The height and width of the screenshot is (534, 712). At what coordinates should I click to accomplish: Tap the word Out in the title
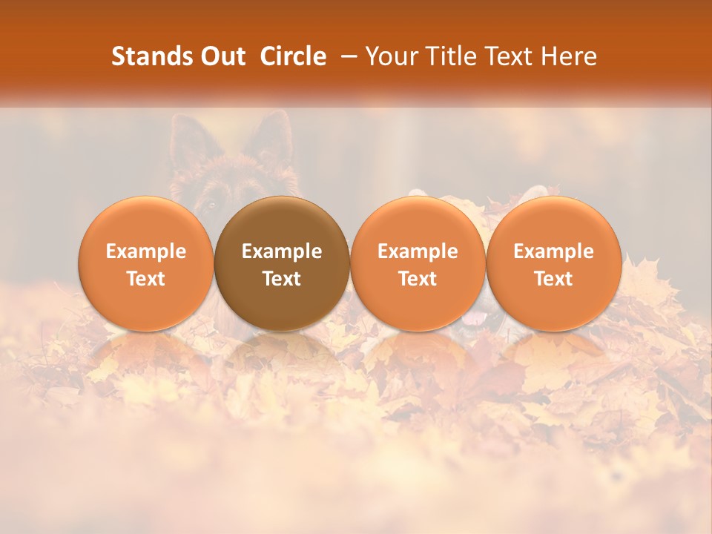pyautogui.click(x=220, y=56)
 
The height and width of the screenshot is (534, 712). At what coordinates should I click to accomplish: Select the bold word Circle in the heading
pyautogui.click(x=293, y=56)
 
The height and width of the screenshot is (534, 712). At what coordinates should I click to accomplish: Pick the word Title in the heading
pyautogui.click(x=450, y=56)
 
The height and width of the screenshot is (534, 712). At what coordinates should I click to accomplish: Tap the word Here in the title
pyautogui.click(x=570, y=56)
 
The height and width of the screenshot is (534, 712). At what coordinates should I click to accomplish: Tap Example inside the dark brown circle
pyautogui.click(x=282, y=251)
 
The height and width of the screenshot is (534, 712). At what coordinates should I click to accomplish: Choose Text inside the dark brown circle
pyautogui.click(x=282, y=279)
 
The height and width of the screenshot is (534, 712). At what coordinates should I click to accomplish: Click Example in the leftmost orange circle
pyautogui.click(x=146, y=251)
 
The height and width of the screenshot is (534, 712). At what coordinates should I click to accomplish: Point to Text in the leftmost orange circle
pyautogui.click(x=146, y=279)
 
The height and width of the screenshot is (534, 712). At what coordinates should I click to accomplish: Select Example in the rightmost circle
pyautogui.click(x=554, y=251)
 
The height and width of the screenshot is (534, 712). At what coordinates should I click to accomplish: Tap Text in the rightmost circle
pyautogui.click(x=554, y=279)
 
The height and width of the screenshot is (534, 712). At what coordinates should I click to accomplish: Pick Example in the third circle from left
pyautogui.click(x=418, y=251)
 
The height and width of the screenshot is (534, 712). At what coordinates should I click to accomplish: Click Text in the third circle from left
pyautogui.click(x=418, y=279)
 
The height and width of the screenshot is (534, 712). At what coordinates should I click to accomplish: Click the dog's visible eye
pyautogui.click(x=211, y=202)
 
